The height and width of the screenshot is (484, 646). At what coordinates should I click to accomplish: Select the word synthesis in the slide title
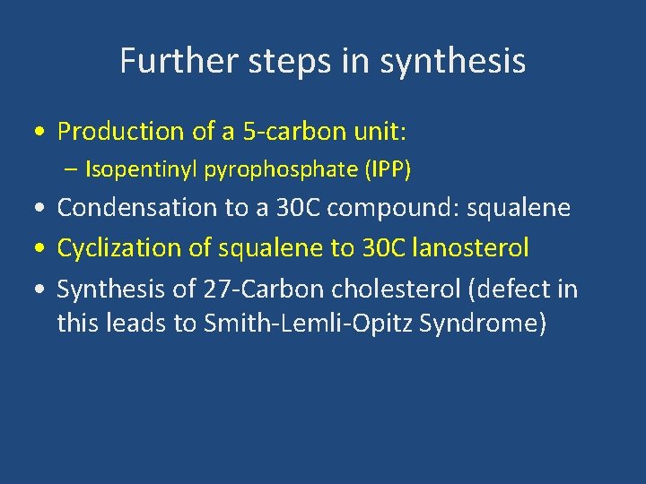pos(453,61)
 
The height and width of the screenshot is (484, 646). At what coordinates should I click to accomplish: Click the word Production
pos(119,132)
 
